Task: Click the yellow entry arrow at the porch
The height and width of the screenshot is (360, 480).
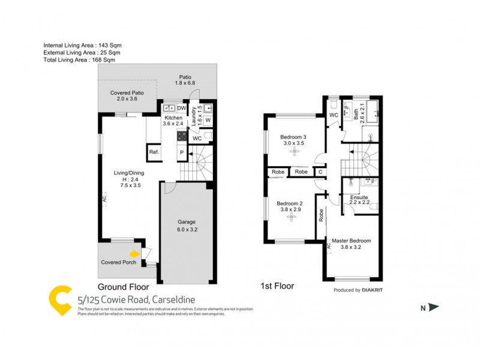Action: (x=135, y=254)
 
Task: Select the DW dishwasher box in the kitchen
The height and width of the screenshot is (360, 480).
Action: (x=181, y=108)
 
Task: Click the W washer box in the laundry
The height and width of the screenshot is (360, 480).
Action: (x=207, y=121)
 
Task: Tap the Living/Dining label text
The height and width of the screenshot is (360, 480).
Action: (x=129, y=173)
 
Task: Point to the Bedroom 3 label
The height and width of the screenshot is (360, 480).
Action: (x=293, y=137)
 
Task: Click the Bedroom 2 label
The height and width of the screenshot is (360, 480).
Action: (x=290, y=204)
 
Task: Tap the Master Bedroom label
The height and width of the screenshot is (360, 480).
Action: (x=352, y=241)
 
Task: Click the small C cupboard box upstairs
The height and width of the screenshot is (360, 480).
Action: (x=320, y=172)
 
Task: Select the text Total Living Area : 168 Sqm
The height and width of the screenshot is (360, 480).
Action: (x=79, y=60)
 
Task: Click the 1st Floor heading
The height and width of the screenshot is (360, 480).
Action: (x=277, y=286)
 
